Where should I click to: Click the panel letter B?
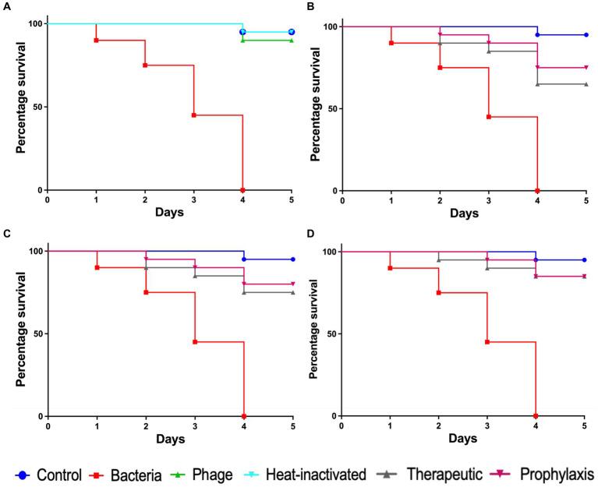(309, 7)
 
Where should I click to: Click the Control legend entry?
(52, 473)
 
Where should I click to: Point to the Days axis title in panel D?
(463, 439)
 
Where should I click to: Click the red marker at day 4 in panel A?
(243, 190)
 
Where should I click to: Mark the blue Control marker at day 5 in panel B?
(586, 35)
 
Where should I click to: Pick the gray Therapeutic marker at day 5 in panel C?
(292, 292)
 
